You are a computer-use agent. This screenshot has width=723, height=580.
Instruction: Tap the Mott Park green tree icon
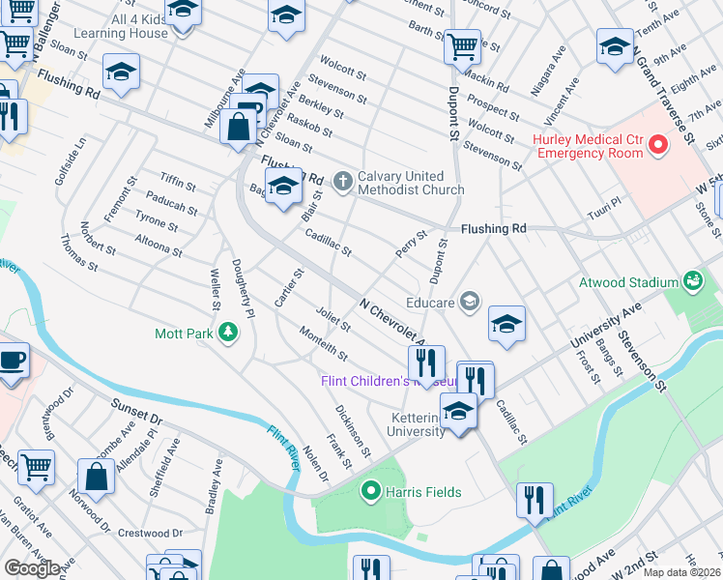click(x=228, y=333)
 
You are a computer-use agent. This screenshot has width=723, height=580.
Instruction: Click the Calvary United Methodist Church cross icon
click(x=341, y=180)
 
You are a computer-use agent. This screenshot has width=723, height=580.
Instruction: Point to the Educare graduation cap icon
click(x=469, y=302)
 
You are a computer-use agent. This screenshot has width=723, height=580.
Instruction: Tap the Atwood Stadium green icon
click(x=692, y=281)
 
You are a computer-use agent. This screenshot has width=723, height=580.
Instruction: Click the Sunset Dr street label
click(x=134, y=412)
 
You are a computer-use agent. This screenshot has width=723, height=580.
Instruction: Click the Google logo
click(x=32, y=567)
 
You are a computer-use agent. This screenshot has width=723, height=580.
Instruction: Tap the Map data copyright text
click(x=682, y=572)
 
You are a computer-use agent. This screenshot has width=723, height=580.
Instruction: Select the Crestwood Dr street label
click(x=150, y=533)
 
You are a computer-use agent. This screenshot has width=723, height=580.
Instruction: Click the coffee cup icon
click(x=13, y=360)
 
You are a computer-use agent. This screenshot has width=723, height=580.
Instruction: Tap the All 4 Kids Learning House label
click(x=126, y=26)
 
